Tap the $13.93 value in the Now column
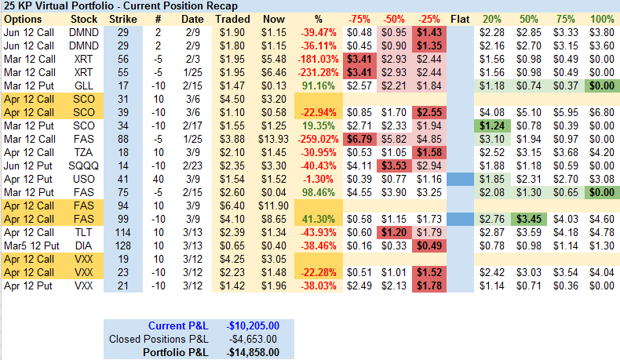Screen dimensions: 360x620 pyautogui.click(x=273, y=139)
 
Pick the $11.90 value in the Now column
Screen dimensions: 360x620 pyautogui.click(x=273, y=205)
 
